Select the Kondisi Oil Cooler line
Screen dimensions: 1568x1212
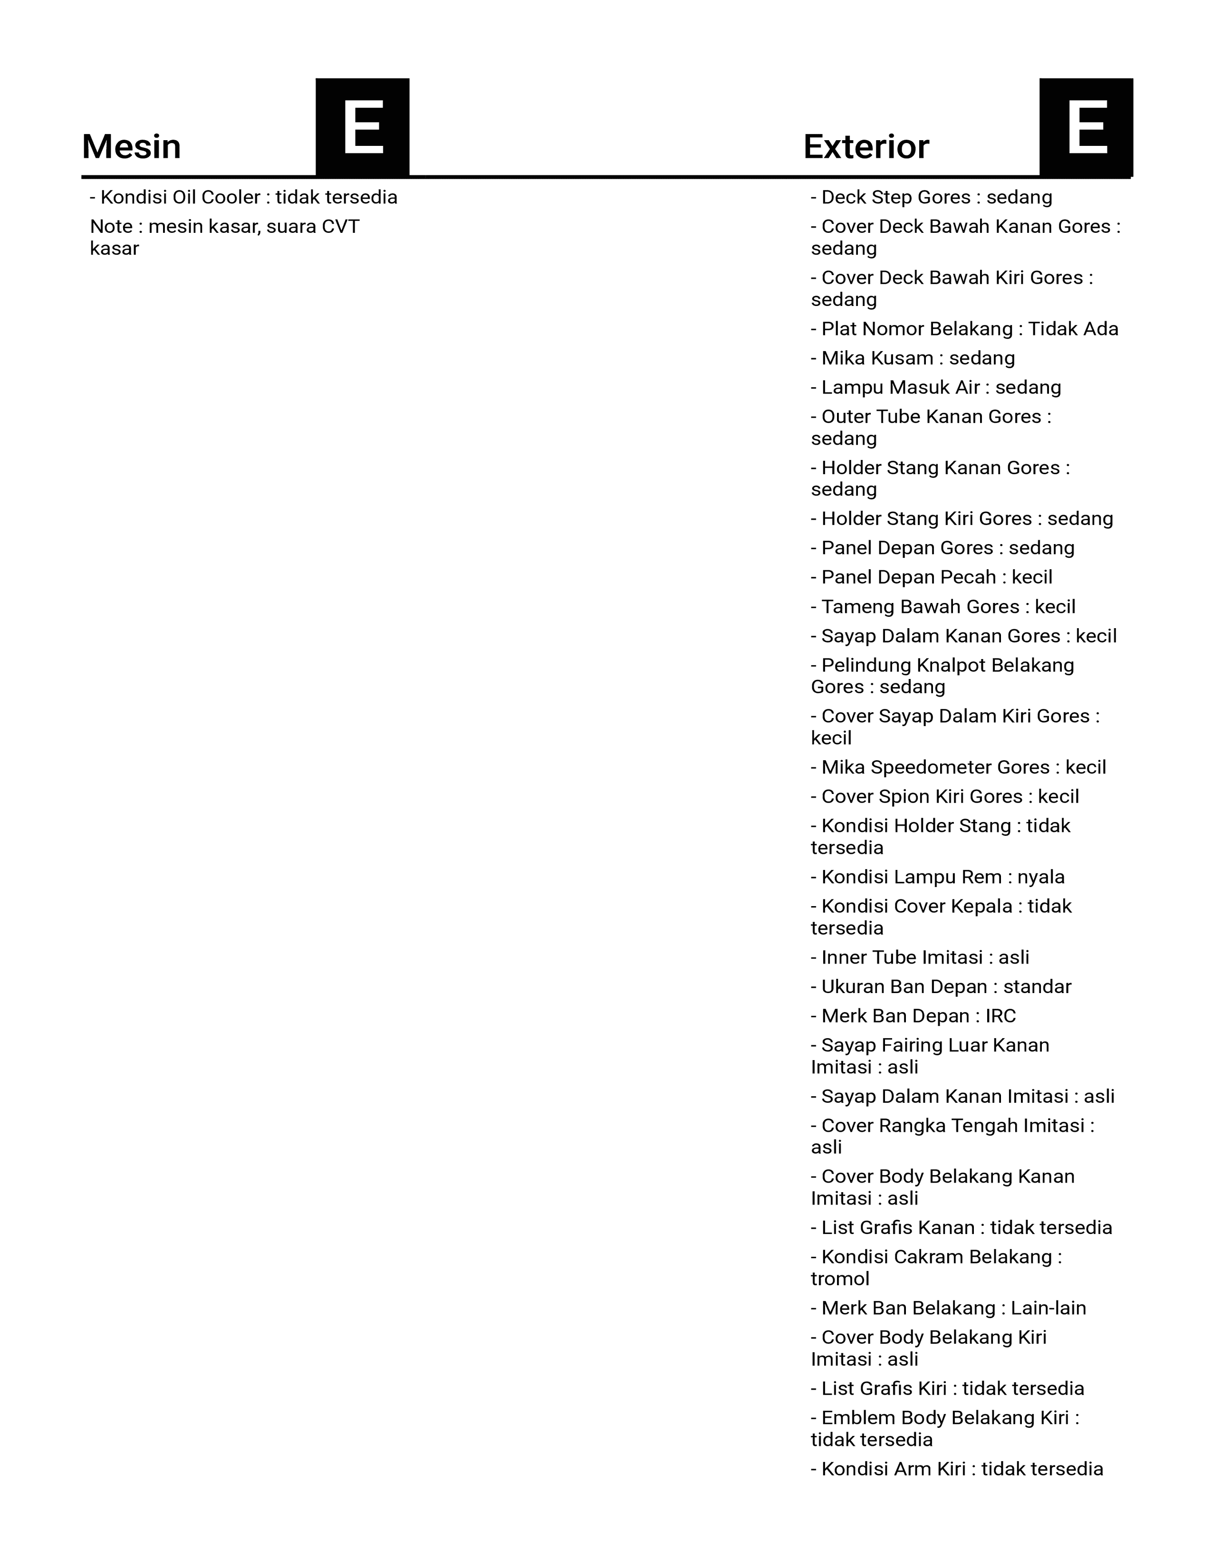click(243, 198)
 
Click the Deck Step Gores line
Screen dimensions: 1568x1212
click(931, 198)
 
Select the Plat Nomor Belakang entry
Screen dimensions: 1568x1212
click(964, 329)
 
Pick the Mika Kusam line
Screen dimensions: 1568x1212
click(913, 358)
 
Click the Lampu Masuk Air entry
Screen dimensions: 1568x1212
click(935, 388)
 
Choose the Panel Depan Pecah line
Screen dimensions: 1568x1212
click(931, 577)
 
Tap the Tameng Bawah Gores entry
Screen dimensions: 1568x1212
click(943, 607)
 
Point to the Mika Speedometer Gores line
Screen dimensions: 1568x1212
click(958, 767)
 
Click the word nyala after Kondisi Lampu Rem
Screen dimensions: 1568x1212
click(1040, 877)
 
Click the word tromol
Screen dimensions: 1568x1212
click(840, 1279)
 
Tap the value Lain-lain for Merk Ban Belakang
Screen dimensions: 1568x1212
click(1048, 1308)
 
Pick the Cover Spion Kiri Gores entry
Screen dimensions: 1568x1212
click(944, 797)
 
